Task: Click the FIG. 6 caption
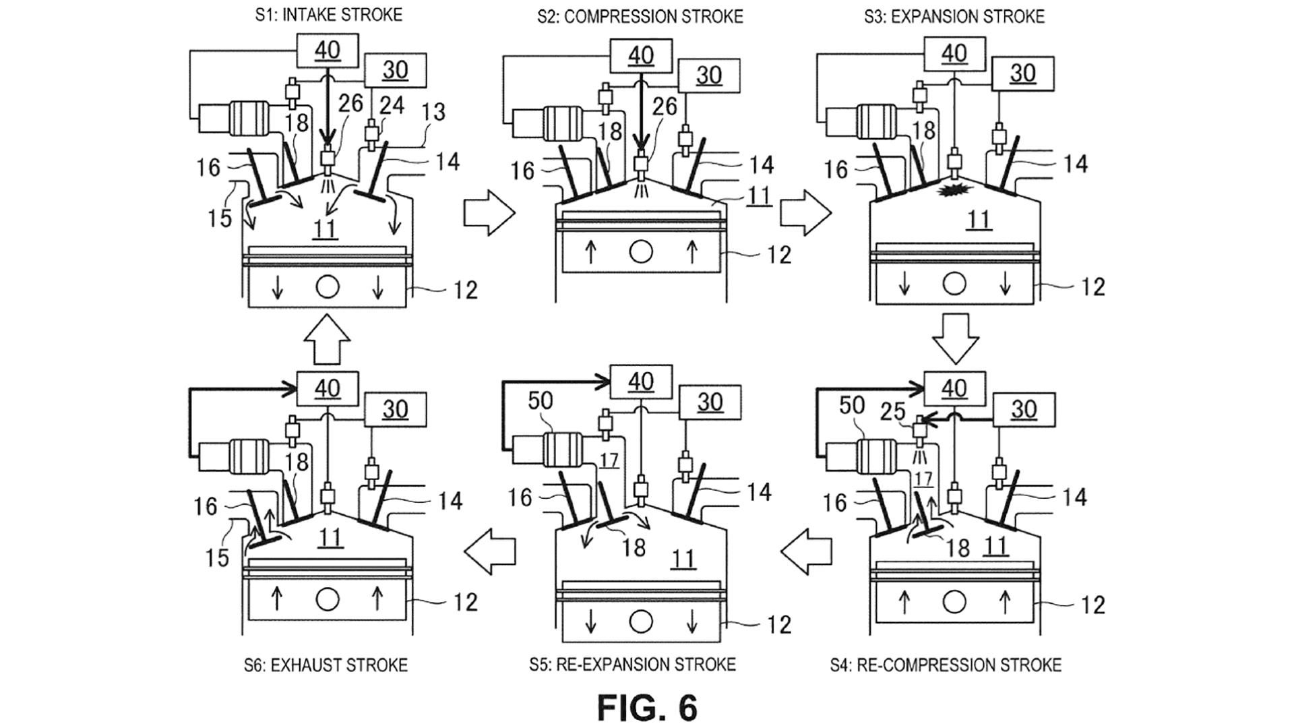pos(647,707)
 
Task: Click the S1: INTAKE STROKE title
pos(328,15)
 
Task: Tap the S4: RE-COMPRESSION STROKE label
pos(946,665)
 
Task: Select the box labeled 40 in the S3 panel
pos(954,53)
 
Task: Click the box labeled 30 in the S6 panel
pos(395,409)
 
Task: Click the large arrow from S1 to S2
pos(489,213)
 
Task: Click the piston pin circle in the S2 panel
pos(641,252)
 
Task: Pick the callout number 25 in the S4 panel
pos(893,412)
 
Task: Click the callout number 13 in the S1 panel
pos(434,111)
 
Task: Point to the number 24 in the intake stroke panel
pos(392,104)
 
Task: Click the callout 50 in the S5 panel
pos(540,401)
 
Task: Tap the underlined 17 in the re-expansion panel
pos(609,460)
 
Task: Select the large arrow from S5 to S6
pos(490,551)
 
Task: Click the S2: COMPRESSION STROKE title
pos(640,16)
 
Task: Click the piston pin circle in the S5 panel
pos(640,622)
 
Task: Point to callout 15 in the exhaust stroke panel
pos(217,557)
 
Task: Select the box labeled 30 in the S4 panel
pos(1023,409)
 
